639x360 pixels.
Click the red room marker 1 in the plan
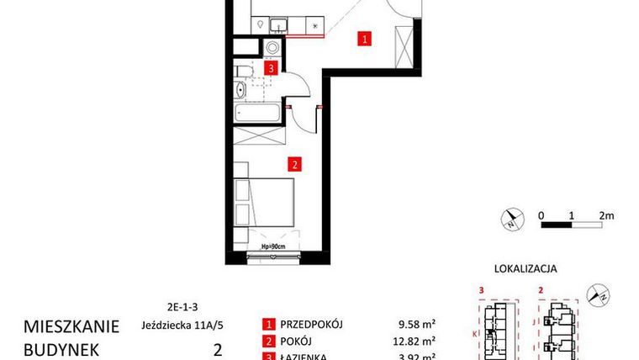pyautogui.click(x=364, y=38)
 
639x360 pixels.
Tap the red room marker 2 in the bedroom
pyautogui.click(x=293, y=164)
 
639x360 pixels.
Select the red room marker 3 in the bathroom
pyautogui.click(x=271, y=69)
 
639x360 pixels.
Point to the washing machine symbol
pyautogui.click(x=273, y=47)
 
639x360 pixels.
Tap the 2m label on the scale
pyautogui.click(x=606, y=214)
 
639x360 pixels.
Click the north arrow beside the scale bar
pyautogui.click(x=511, y=220)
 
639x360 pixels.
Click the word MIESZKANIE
pyautogui.click(x=71, y=326)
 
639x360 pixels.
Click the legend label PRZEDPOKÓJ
pyautogui.click(x=316, y=326)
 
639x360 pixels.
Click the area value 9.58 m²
pyautogui.click(x=416, y=326)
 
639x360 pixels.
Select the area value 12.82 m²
pyautogui.click(x=415, y=341)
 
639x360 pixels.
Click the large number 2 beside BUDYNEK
pyautogui.click(x=218, y=347)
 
